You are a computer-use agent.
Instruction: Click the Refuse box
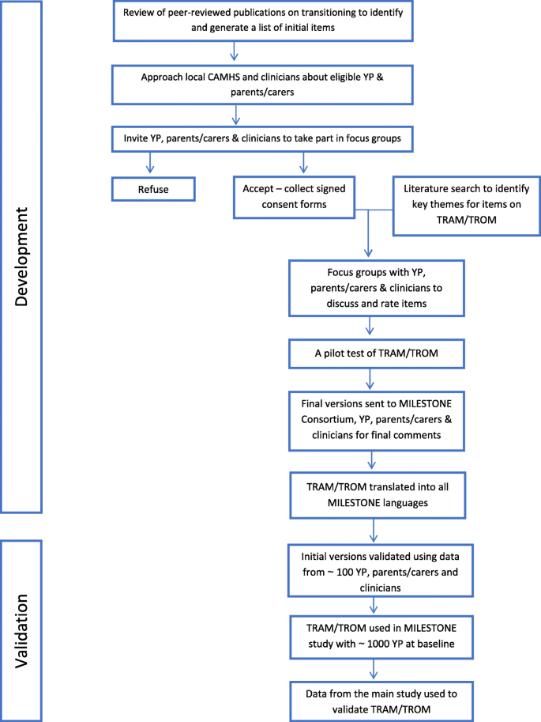[x=153, y=189]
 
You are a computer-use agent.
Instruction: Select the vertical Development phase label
[x=21, y=257]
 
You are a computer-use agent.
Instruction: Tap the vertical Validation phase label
[x=21, y=631]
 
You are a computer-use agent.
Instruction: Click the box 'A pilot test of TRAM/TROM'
[x=376, y=353]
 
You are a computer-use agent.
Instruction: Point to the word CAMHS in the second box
[x=224, y=77]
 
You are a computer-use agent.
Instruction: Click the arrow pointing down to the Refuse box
[x=150, y=163]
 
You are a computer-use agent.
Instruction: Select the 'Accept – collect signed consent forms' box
[x=294, y=197]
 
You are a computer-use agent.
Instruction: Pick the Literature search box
[x=467, y=206]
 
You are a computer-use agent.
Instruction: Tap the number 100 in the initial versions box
[x=344, y=572]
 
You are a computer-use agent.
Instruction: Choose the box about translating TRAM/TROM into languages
[x=378, y=495]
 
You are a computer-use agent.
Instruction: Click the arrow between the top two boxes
[x=234, y=51]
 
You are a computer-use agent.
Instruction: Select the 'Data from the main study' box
[x=381, y=701]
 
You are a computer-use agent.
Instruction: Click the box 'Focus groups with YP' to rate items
[x=376, y=289]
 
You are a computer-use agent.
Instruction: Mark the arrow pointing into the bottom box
[x=374, y=670]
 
